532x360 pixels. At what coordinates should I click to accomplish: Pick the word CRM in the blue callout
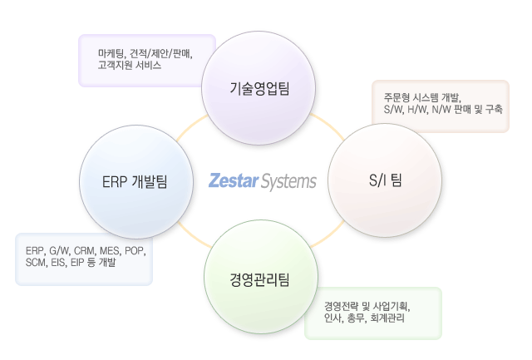click(x=84, y=250)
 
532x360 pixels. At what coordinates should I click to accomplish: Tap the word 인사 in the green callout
click(x=332, y=317)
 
